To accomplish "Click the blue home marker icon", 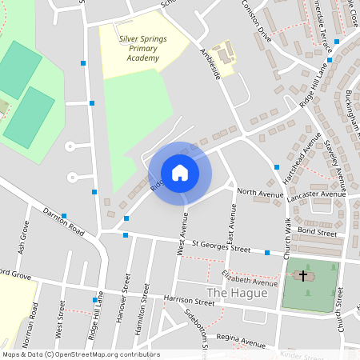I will click(x=180, y=173).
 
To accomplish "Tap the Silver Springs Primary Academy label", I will click(x=138, y=47).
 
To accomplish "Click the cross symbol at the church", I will click(x=303, y=275).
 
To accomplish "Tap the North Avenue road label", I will click(x=260, y=194).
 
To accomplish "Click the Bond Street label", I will click(x=318, y=232).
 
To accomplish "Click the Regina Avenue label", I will click(x=239, y=339).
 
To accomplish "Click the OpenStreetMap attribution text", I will click(x=80, y=354).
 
